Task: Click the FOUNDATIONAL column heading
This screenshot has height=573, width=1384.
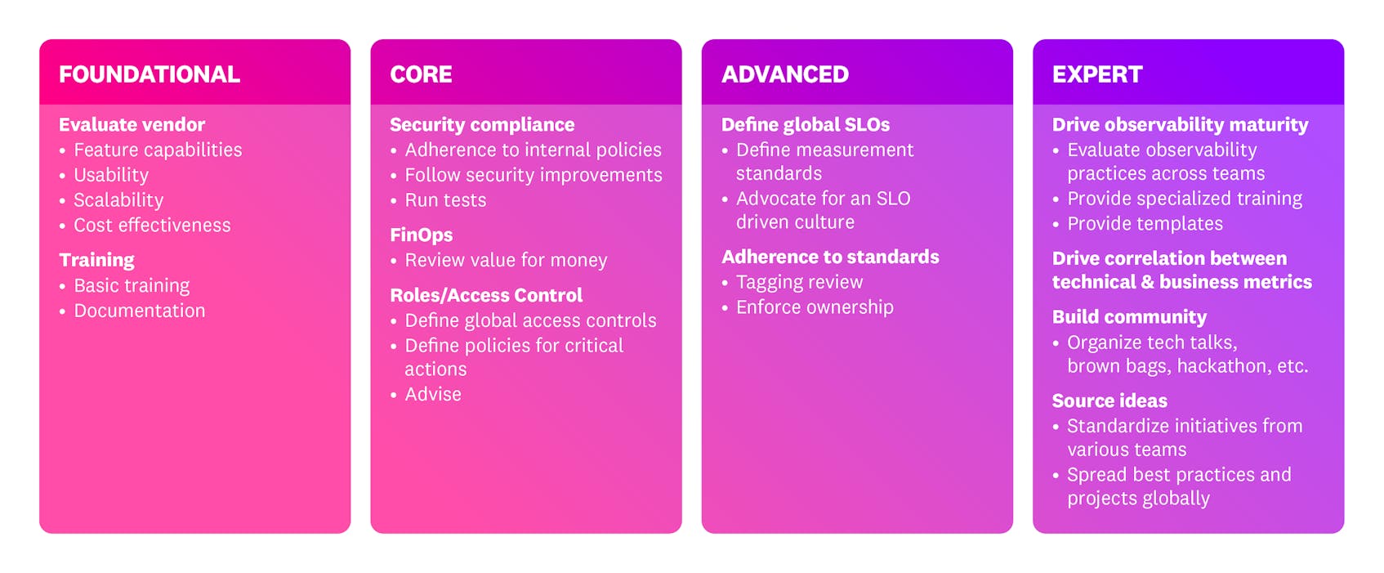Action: click(x=149, y=74)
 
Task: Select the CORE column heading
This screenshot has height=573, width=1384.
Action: click(x=421, y=74)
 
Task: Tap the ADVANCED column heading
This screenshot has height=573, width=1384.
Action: click(x=784, y=74)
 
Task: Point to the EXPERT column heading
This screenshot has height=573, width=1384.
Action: click(x=1096, y=74)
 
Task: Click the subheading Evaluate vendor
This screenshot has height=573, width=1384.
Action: click(x=132, y=125)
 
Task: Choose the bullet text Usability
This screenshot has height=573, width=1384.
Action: click(x=111, y=176)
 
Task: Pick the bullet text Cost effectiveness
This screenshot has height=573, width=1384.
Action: click(x=152, y=226)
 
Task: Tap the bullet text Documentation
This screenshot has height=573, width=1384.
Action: click(x=140, y=311)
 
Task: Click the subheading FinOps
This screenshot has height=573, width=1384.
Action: click(x=421, y=235)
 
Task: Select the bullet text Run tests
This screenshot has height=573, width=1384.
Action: click(x=445, y=201)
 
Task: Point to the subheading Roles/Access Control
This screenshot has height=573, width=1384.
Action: click(x=486, y=296)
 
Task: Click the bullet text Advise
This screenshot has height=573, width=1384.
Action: click(x=433, y=395)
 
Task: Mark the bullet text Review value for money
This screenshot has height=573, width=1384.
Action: click(x=506, y=261)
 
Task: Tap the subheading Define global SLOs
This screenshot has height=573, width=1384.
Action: click(x=805, y=125)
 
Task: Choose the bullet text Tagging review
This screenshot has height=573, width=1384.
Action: click(x=799, y=283)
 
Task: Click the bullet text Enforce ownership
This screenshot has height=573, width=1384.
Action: click(x=815, y=308)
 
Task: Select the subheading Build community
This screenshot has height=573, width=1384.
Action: click(x=1128, y=317)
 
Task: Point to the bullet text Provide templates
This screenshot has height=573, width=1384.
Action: click(x=1145, y=224)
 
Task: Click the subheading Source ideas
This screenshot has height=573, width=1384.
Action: click(x=1109, y=401)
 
